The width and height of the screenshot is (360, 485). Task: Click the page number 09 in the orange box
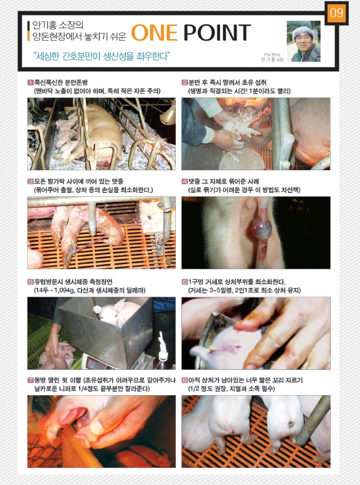(336, 13)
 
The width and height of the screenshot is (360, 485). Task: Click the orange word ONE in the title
(154, 33)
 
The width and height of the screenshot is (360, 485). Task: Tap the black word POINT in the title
(217, 33)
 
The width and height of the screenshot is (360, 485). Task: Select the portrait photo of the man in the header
(303, 41)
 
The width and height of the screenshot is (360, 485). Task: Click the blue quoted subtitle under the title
(102, 56)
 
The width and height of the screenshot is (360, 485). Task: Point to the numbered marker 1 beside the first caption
(30, 83)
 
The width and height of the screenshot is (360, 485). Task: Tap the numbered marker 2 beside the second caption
(184, 83)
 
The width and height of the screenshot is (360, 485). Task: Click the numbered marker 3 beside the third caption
(30, 182)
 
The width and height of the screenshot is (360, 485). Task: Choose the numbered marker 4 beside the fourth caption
(184, 182)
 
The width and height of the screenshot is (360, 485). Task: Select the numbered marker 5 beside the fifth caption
(30, 282)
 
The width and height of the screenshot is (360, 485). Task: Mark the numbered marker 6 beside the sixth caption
(184, 282)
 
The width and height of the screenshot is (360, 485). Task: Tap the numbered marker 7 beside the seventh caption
(30, 380)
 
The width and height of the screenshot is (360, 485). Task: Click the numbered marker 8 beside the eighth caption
(184, 380)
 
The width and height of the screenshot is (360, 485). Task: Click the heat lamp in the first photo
(168, 115)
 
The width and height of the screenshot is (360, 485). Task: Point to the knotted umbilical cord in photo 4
(261, 229)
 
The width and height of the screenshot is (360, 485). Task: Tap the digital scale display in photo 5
(96, 365)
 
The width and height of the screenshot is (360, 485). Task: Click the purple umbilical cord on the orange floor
(86, 244)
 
